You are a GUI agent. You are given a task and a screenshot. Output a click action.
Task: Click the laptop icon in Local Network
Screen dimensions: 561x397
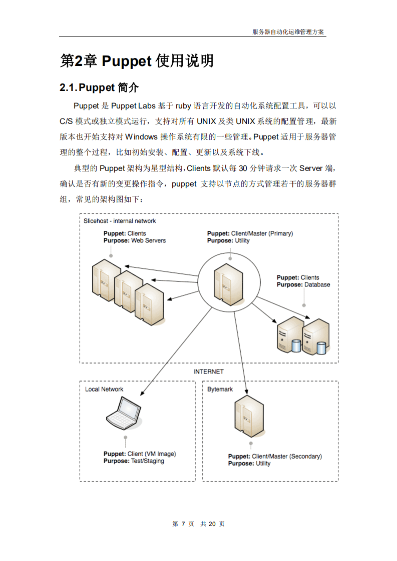[123, 413]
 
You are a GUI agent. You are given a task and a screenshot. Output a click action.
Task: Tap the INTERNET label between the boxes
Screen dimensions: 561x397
[209, 371]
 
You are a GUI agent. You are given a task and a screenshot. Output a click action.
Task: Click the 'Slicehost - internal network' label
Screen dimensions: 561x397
[120, 221]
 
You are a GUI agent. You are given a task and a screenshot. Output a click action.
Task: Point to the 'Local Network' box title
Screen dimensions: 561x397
[104, 389]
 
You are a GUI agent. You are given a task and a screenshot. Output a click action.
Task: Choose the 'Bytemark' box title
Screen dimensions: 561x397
[220, 389]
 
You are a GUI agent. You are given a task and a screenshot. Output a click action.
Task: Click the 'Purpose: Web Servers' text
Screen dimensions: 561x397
[134, 240]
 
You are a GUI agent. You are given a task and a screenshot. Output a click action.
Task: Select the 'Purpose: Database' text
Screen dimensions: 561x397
[303, 284]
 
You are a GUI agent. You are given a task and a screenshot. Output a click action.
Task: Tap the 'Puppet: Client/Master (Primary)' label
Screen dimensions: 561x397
[250, 233]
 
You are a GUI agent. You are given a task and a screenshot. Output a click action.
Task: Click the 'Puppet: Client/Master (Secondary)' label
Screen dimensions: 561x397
[275, 456]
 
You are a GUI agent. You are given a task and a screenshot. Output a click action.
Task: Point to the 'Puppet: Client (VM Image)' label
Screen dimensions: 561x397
[140, 454]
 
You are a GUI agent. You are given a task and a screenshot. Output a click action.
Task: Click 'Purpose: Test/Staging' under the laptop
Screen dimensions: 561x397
[134, 461]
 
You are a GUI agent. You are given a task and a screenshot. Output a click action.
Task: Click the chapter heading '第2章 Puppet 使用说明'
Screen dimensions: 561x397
[137, 61]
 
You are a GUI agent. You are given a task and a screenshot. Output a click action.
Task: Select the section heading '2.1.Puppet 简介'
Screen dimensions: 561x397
[99, 87]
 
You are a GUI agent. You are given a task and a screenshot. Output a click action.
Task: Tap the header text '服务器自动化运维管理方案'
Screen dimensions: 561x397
[288, 31]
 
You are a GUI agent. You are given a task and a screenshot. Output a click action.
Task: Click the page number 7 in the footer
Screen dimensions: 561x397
[183, 523]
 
